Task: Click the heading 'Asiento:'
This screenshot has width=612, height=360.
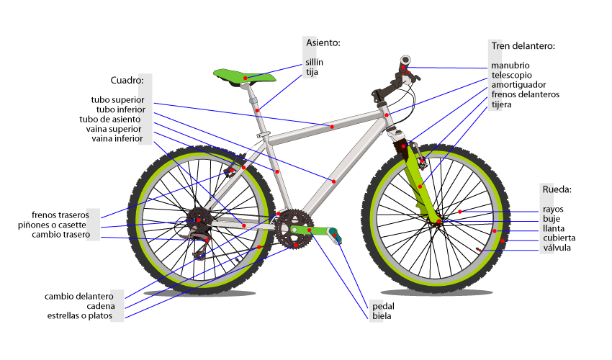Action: [323, 43]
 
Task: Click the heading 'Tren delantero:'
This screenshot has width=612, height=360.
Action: [523, 45]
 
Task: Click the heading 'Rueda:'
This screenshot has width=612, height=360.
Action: [557, 190]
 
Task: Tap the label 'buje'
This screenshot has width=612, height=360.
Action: [552, 219]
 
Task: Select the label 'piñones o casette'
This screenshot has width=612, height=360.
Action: [52, 225]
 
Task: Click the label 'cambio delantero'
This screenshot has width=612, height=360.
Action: [79, 296]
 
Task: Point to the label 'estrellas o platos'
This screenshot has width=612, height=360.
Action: [80, 316]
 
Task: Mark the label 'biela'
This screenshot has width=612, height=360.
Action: [382, 316]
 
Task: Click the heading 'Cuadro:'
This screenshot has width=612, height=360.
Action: [127, 79]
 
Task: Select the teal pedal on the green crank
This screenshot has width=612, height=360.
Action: [336, 235]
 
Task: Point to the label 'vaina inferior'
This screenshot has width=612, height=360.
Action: [117, 138]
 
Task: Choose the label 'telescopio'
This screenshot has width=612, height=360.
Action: [512, 75]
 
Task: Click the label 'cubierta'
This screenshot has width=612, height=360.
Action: [559, 238]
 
